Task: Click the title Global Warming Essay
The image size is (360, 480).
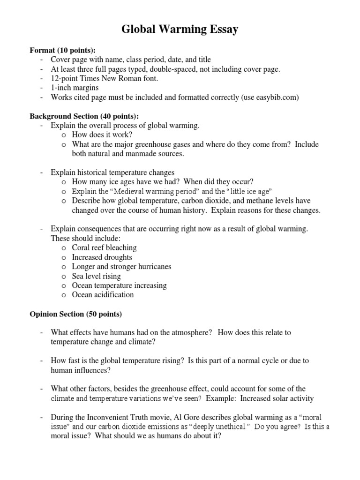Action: coord(180,30)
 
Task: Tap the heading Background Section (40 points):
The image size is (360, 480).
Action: coord(84,116)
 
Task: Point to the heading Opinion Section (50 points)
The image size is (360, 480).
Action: coord(75,313)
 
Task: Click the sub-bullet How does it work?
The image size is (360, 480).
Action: coord(103,135)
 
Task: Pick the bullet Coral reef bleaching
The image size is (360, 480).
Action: coord(104,247)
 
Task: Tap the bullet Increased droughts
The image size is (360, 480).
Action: coord(102,257)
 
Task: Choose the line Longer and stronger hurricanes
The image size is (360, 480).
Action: coord(121,266)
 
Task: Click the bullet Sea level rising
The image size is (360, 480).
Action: coord(96,276)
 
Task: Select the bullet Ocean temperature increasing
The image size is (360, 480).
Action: coord(119,285)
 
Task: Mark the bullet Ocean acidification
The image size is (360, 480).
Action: coord(103,295)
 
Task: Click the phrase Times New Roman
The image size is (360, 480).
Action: coord(112,78)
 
